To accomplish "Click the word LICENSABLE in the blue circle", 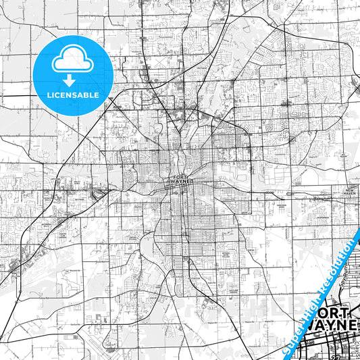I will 72,95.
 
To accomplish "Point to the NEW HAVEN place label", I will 350,192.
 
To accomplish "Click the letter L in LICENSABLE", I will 48,95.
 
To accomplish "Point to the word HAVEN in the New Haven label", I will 350,195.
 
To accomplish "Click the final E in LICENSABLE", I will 97,95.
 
